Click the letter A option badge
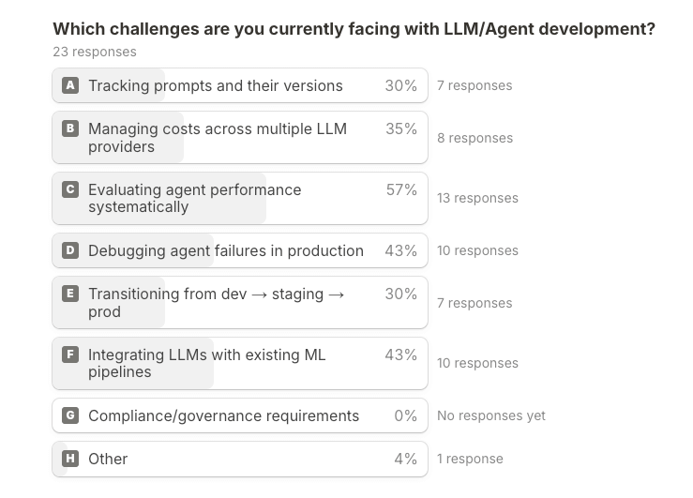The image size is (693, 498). [x=70, y=85]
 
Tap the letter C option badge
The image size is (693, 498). [x=70, y=189]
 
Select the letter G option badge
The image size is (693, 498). [x=70, y=415]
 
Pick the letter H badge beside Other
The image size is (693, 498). [x=70, y=459]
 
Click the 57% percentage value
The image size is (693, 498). [x=401, y=189]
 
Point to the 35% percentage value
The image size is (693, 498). [x=401, y=128]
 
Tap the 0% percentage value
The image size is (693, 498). [x=405, y=415]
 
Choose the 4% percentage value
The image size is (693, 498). [x=405, y=459]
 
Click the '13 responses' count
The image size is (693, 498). [x=477, y=198]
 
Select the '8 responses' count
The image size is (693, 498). [x=475, y=138]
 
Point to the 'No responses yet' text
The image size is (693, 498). [x=490, y=415]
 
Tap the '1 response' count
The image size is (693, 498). [x=470, y=459]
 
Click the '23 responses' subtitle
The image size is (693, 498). [x=95, y=52]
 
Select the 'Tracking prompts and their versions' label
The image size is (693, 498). [x=216, y=85]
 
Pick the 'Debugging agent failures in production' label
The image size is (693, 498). [x=226, y=250]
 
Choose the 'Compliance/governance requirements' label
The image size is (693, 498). [x=223, y=415]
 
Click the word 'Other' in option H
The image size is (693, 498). [x=108, y=459]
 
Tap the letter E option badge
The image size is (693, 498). [x=70, y=294]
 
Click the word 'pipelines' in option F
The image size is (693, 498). [x=120, y=372]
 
